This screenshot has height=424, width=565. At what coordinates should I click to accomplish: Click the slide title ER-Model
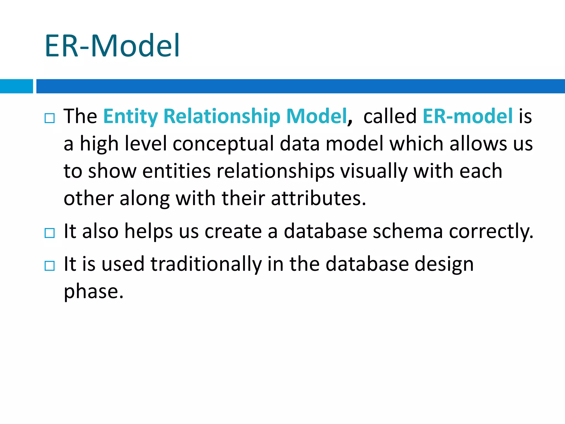coord(112,46)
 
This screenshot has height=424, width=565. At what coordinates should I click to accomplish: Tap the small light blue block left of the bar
coord(16,86)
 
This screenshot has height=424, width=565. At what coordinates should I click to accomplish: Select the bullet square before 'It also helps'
coord(50,233)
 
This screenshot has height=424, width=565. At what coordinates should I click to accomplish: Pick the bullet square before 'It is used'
coord(50,266)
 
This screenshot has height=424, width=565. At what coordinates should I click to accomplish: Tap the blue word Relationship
coord(222,116)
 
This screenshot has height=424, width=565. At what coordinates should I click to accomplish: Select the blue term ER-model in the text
coord(468,116)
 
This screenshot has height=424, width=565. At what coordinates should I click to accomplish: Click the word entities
coord(177,171)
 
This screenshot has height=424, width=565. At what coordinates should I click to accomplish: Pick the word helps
coord(149,231)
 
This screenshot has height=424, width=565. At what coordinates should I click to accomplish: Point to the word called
coord(390,116)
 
